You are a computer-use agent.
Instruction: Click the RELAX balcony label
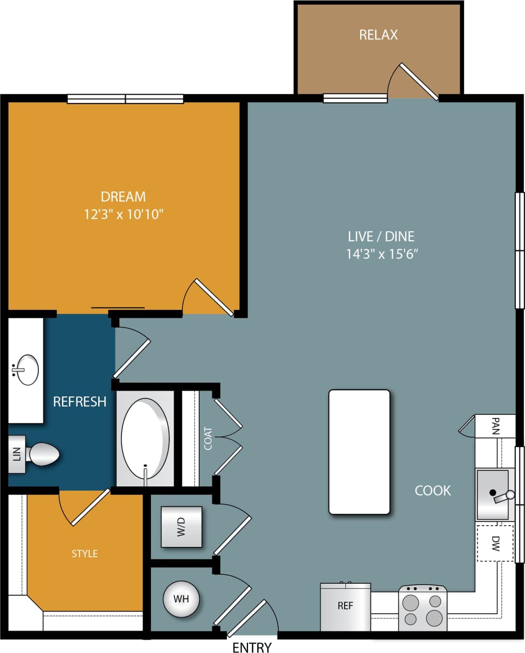[x=378, y=35]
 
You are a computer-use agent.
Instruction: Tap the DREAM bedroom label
[x=123, y=197]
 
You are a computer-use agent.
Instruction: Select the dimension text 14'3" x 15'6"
[x=381, y=254]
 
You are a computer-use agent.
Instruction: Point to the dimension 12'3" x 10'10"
[x=123, y=214]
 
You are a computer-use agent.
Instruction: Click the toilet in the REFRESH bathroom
[x=43, y=454]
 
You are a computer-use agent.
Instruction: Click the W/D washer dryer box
[x=181, y=527]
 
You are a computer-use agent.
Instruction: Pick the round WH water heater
[x=181, y=599]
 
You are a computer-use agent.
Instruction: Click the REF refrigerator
[x=345, y=606]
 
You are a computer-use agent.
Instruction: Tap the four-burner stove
[x=423, y=609]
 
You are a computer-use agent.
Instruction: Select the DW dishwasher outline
[x=495, y=543]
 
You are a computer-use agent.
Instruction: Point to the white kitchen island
[x=359, y=452]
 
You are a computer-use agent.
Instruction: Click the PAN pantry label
[x=496, y=426]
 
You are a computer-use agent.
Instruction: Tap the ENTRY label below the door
[x=252, y=647]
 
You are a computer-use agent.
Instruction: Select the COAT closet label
[x=208, y=438]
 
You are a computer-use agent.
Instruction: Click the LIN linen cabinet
[x=17, y=454]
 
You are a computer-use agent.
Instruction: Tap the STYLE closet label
[x=85, y=554]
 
